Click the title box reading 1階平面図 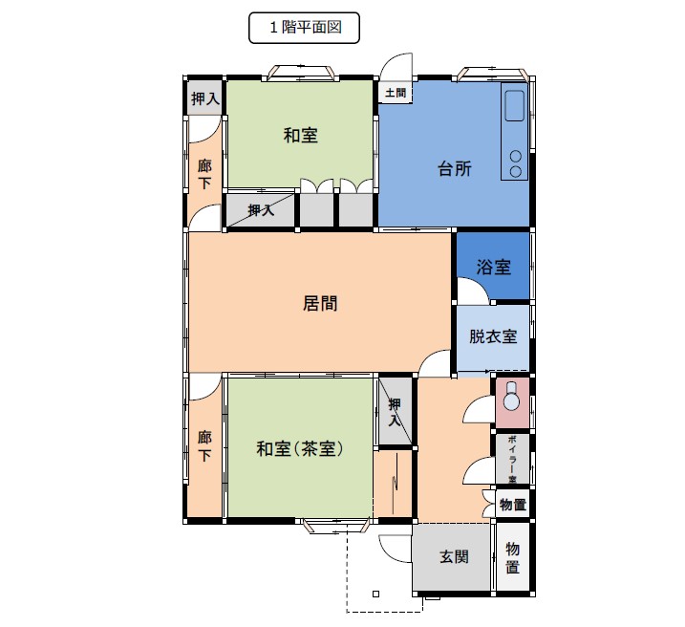tap(304, 28)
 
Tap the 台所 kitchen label tap(455, 168)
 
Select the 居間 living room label tap(320, 303)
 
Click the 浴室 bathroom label tap(493, 267)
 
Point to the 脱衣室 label tap(493, 336)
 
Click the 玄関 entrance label tap(454, 556)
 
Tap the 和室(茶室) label tap(300, 448)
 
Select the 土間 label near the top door tap(396, 93)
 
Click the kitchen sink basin tap(514, 106)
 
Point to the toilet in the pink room tap(511, 397)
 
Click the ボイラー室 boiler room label tap(512, 459)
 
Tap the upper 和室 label tap(301, 136)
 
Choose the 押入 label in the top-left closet tap(204, 98)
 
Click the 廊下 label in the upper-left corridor tap(204, 174)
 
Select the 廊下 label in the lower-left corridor tap(204, 446)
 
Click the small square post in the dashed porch tap(375, 594)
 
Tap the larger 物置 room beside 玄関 tap(513, 557)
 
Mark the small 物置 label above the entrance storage tap(513, 505)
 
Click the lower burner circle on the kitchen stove tap(516, 172)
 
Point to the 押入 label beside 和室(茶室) tap(395, 412)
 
